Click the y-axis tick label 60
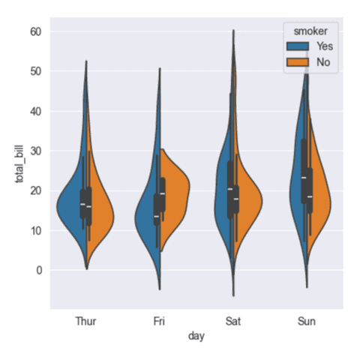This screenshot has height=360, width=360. (x=34, y=31)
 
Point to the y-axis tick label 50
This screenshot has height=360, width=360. (x=34, y=71)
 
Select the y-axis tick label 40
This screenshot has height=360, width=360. (x=34, y=111)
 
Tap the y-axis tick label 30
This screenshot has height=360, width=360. (x=34, y=151)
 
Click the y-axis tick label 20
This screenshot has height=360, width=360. (x=34, y=190)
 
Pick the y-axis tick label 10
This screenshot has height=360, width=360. (x=34, y=230)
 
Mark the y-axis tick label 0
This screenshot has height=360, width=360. (x=37, y=270)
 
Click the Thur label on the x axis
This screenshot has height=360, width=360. (x=86, y=321)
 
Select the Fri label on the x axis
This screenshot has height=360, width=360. (x=160, y=321)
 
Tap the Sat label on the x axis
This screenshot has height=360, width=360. (x=233, y=321)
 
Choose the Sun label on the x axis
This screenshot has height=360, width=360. (x=307, y=321)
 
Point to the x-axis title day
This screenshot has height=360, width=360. (x=196, y=337)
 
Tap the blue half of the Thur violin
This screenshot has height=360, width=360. (x=73, y=210)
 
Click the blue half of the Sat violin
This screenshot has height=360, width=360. (x=222, y=187)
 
